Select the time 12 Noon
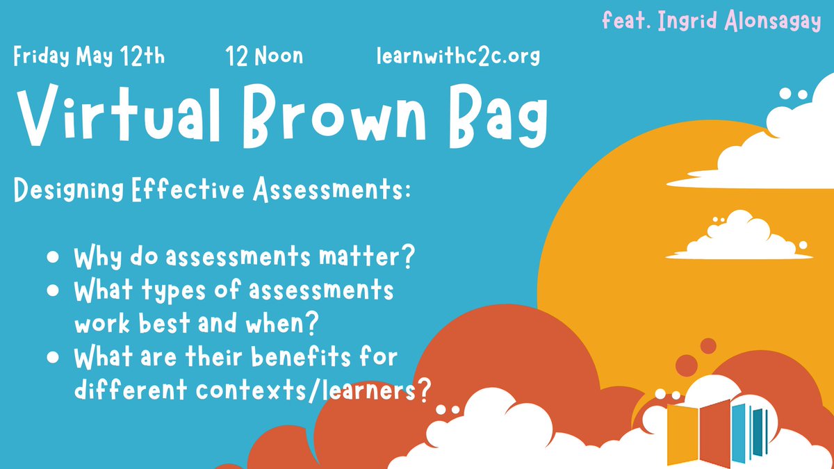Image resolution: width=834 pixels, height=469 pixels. pos(264,56)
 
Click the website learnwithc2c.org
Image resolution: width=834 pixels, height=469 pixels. pos(457,56)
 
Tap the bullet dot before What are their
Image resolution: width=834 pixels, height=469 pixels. pos(53,359)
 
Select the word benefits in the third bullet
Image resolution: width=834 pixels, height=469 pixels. pos(318,359)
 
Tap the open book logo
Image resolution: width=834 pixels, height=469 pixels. pos(716,431)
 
